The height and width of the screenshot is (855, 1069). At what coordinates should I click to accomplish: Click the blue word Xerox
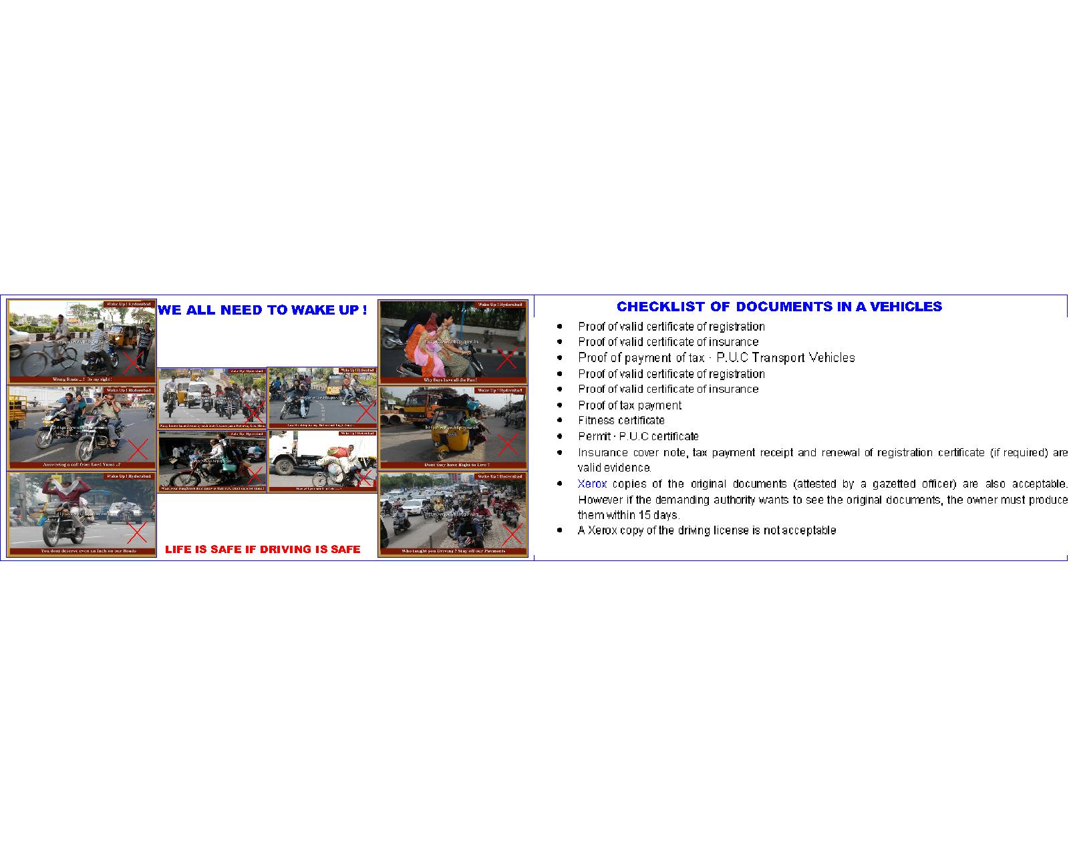tap(592, 484)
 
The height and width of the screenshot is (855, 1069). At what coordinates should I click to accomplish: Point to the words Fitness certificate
tap(621, 420)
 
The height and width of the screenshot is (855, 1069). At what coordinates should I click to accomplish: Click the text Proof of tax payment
tap(629, 405)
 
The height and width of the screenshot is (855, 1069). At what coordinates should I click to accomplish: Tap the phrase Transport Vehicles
tap(803, 357)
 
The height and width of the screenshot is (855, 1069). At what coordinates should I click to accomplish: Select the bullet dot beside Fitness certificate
tap(560, 420)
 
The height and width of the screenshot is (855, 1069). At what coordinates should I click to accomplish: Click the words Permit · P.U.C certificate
tap(638, 436)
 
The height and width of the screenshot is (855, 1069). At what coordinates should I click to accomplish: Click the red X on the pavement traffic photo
tap(512, 535)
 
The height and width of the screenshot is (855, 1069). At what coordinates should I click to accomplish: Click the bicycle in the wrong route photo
tap(50, 361)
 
